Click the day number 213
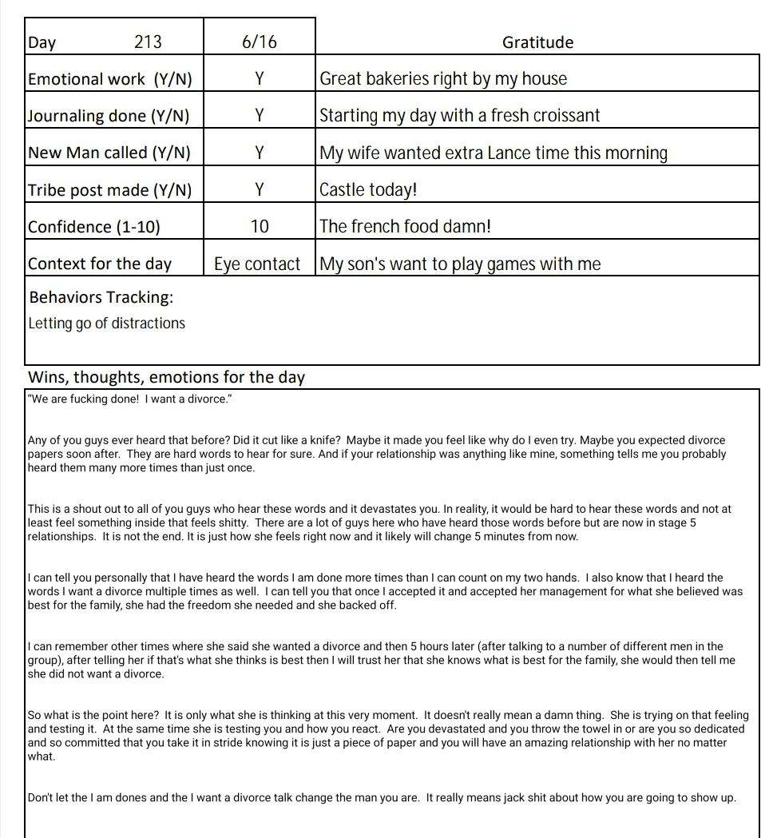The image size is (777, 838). [148, 42]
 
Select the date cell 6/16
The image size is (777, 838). [260, 42]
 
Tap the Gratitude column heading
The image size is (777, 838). [537, 42]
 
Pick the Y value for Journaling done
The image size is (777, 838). [260, 116]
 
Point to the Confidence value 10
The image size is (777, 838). [260, 227]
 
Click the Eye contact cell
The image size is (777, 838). [257, 264]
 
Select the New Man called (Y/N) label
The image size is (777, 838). [109, 153]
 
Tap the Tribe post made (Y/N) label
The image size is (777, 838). [110, 190]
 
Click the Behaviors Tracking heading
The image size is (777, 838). [101, 297]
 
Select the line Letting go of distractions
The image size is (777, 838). [106, 324]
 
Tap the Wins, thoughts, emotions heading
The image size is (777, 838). [166, 377]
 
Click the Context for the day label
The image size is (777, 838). [100, 264]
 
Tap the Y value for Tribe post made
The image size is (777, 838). [260, 190]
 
